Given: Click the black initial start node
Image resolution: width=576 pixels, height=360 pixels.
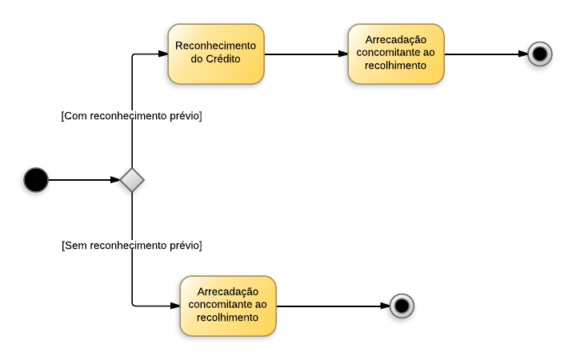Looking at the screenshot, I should [x=36, y=180].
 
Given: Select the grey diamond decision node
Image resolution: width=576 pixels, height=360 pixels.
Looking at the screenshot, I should [x=132, y=180].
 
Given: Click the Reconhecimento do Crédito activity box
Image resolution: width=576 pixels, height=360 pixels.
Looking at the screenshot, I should [x=216, y=54].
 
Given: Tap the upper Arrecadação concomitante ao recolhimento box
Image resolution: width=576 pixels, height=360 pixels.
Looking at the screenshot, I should [x=396, y=54].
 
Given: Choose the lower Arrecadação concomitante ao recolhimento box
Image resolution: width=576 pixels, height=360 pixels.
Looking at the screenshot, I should [x=228, y=306].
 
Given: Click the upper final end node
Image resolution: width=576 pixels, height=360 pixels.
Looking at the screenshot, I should [x=540, y=54].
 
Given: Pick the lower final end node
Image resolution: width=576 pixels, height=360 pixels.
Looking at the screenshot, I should [x=402, y=306].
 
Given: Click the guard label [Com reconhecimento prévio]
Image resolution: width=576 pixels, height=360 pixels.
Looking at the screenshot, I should [x=131, y=116].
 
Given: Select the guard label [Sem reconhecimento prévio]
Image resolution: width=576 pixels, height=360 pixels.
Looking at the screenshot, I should [x=131, y=245].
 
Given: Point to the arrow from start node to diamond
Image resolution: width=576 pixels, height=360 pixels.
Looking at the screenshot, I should [x=84, y=180].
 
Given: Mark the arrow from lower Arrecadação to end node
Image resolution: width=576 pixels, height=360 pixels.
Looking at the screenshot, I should [x=332, y=306].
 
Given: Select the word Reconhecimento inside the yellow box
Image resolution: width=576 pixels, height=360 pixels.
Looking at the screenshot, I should [x=216, y=46].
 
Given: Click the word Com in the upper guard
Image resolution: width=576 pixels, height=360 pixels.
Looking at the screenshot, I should [x=74, y=116].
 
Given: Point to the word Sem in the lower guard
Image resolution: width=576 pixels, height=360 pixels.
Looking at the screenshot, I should [x=74, y=245].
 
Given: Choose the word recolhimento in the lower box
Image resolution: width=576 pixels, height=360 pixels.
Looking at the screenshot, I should [x=228, y=318].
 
